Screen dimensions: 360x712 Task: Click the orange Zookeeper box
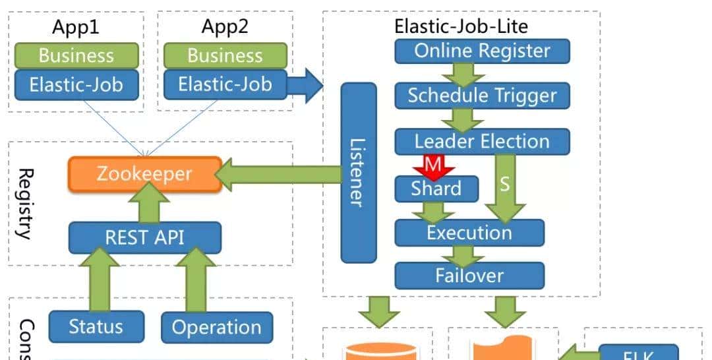(144, 174)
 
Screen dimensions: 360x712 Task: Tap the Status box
(96, 326)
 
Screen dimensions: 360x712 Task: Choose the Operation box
(216, 327)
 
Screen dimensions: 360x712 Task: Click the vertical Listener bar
(359, 172)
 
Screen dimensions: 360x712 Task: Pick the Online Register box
(482, 51)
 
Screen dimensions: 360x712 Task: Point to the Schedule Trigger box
(482, 96)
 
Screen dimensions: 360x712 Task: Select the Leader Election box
(482, 141)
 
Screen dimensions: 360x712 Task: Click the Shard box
(436, 189)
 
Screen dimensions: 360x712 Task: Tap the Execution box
(469, 232)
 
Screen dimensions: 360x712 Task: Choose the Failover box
(469, 275)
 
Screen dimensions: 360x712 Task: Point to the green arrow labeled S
(505, 188)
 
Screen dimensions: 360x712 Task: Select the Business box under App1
(76, 55)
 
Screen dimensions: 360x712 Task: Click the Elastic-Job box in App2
(225, 84)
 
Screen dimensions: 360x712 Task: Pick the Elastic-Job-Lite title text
(461, 26)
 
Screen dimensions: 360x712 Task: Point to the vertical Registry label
(25, 203)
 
